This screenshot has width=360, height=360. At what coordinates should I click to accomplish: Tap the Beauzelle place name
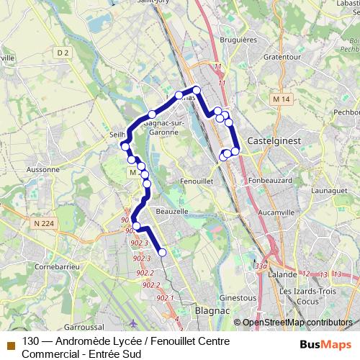tap(171, 212)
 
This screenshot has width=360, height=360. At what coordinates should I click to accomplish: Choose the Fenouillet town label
tap(197, 181)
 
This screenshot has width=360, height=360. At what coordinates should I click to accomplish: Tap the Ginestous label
tap(237, 297)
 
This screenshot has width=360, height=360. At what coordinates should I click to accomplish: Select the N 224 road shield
tap(43, 224)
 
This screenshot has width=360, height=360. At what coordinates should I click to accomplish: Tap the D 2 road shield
tap(63, 53)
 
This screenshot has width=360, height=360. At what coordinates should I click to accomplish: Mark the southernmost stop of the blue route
tap(162, 252)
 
